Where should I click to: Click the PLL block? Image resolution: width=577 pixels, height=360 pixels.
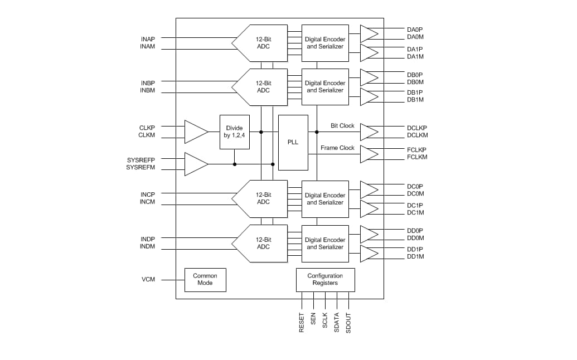coord(293,142)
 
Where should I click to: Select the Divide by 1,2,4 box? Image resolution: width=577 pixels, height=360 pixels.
coord(234,132)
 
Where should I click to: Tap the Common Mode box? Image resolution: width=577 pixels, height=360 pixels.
coord(205,279)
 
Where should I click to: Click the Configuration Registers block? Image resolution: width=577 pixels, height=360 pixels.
coord(325,279)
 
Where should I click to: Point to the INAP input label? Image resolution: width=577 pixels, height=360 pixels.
coord(148,39)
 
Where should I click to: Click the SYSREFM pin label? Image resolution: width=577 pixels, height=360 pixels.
coord(140,167)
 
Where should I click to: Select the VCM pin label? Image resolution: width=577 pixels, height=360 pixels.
coord(148,279)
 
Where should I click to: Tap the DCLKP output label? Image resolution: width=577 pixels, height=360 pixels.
coord(417,128)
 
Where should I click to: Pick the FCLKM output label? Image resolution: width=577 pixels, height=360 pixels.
coord(417,157)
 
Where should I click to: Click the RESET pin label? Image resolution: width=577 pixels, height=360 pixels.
coord(302,323)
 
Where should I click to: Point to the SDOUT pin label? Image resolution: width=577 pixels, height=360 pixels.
coord(348,323)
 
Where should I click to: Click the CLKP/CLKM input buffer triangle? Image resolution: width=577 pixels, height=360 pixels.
coord(195,132)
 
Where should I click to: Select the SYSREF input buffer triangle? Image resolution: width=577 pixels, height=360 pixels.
coord(195,164)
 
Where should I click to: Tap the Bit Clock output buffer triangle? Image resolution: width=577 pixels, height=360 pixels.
coord(368,132)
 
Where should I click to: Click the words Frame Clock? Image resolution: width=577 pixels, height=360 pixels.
coord(337,148)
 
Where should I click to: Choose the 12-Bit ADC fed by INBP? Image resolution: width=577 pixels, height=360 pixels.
coord(261,87)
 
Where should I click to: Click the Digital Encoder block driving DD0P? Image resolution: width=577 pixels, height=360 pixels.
coord(325,244)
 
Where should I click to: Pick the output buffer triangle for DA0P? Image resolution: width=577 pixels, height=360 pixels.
coord(368,33)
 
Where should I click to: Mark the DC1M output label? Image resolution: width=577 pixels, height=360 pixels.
coord(415,212)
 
